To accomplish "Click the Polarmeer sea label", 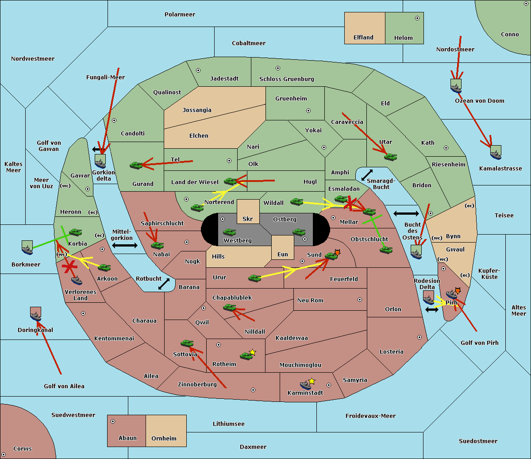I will pos(180,15).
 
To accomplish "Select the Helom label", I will pos(403,38).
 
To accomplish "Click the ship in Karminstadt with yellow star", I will pos(306,384).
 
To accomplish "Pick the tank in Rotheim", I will pos(246,355).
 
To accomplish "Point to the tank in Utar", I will pos(390,156).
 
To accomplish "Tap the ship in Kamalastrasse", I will pos(496,153).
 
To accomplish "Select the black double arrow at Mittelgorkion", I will pos(125,245).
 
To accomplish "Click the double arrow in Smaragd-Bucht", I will pos(367,175).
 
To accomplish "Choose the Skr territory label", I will pos(248,219).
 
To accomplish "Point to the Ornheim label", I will pos(164,439).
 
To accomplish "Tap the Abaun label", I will pos(127,438).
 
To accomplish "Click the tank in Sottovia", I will pos(187,343).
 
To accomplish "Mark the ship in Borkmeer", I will pos(27,248).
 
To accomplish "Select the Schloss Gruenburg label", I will pos(286,79).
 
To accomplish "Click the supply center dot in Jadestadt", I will pos(198,70).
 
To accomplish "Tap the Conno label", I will pos(510,35).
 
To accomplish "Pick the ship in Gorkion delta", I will pos(100,161).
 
